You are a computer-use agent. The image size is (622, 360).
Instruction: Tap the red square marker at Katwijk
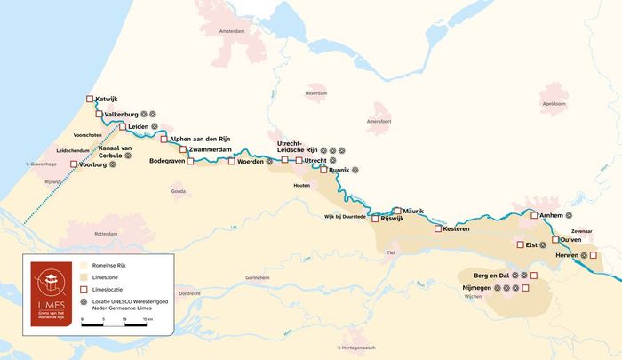(x=89, y=99)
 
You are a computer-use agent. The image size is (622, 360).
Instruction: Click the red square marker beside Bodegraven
(x=190, y=162)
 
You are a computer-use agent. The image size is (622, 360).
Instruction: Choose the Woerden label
(x=250, y=162)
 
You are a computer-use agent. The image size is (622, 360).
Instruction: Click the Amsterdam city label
(x=230, y=30)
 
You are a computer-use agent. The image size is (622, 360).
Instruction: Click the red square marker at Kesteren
(x=437, y=228)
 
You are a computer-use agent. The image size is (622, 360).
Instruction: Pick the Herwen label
(x=567, y=255)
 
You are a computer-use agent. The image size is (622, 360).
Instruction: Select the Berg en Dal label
(x=491, y=276)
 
